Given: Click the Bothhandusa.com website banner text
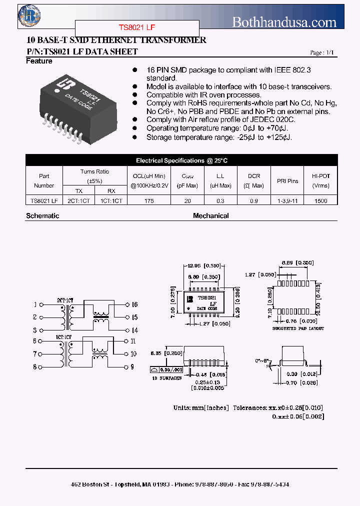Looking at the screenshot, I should [284, 22].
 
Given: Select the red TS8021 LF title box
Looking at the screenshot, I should [137, 28].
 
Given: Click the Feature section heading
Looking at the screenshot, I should [39, 61].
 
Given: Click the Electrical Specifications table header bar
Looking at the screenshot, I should [181, 160].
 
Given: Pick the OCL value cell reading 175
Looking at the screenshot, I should [148, 200].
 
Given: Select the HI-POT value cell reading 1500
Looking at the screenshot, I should [321, 200].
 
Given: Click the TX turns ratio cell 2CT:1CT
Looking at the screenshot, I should [79, 200].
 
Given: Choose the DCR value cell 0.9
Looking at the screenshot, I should [254, 200].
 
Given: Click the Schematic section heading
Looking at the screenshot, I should [42, 216].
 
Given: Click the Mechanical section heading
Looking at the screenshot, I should [211, 216].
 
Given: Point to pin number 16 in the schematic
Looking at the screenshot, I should [134, 304].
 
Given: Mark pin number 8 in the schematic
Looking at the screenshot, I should [35, 367].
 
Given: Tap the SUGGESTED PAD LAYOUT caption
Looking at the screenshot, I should [298, 328].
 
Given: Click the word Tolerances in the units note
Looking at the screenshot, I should [250, 407].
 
